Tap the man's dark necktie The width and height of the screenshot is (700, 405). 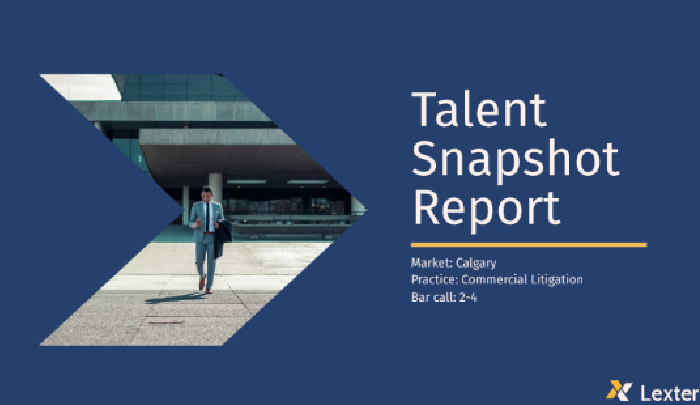207,216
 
